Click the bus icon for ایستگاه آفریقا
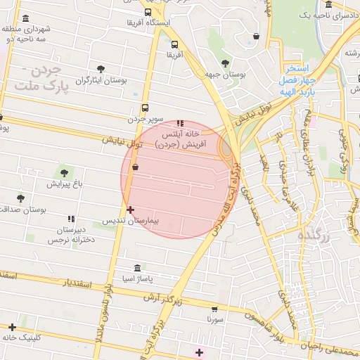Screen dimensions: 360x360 pos(148,12)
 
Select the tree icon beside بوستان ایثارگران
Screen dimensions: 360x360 pos(101,69)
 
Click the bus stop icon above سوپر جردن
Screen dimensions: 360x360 pos(144,108)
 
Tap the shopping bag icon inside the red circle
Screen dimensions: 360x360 pos(135,167)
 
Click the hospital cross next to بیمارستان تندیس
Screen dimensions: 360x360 pos(130,210)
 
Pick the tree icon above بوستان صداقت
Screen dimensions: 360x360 pos(20,198)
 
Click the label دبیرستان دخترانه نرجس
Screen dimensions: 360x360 pos(71,235)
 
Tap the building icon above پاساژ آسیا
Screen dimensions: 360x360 pos(136,268)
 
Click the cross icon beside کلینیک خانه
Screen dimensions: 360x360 pos(12,327)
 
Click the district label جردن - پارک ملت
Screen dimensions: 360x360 pos(40,78)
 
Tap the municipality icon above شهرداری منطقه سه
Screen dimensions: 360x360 pos(26,19)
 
